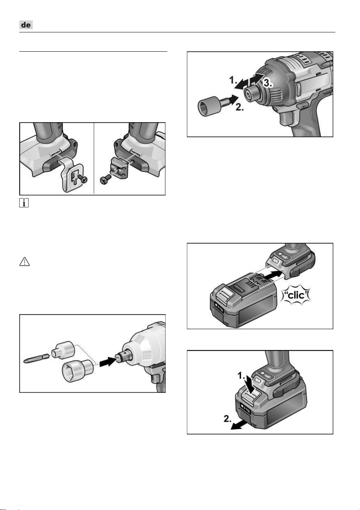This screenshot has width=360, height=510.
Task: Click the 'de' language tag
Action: click(x=26, y=25)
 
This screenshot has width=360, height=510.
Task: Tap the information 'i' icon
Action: click(x=24, y=203)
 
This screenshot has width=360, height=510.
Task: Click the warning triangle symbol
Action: click(x=25, y=262)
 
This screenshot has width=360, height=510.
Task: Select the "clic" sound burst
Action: click(x=296, y=295)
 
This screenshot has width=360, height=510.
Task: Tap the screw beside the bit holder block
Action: click(x=105, y=179)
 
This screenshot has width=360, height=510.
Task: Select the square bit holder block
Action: click(x=119, y=168)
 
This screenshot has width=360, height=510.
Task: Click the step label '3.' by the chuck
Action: click(x=268, y=83)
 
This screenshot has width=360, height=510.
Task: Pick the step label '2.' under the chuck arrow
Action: click(x=239, y=107)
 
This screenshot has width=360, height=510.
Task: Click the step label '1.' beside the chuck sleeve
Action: click(x=233, y=80)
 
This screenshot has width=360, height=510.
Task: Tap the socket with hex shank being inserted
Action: click(x=211, y=105)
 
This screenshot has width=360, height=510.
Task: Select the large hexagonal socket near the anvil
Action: click(x=77, y=371)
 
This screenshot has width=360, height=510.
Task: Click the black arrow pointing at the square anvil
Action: click(x=108, y=361)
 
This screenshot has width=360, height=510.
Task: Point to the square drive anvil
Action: click(x=123, y=359)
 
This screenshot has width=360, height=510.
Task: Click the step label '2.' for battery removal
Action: click(x=227, y=418)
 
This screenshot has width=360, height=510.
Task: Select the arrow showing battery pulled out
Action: click(x=239, y=425)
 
